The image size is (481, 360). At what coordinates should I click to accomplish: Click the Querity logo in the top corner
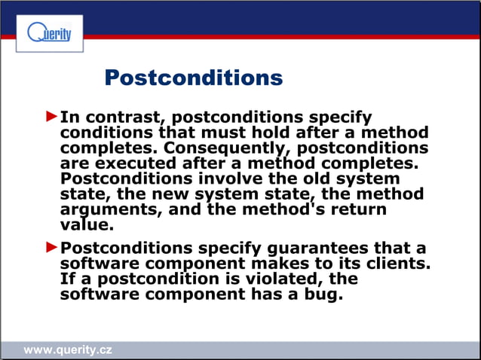click(49, 34)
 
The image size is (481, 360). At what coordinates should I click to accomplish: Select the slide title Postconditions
click(193, 78)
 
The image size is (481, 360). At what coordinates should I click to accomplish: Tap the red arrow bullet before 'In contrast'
click(51, 117)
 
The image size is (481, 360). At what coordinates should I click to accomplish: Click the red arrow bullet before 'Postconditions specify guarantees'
click(51, 246)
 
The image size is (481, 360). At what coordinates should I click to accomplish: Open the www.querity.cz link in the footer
click(68, 350)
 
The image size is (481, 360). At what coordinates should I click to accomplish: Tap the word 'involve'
click(229, 178)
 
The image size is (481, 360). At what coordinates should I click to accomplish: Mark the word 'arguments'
click(100, 210)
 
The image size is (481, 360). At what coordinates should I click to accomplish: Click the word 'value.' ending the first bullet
click(84, 224)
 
